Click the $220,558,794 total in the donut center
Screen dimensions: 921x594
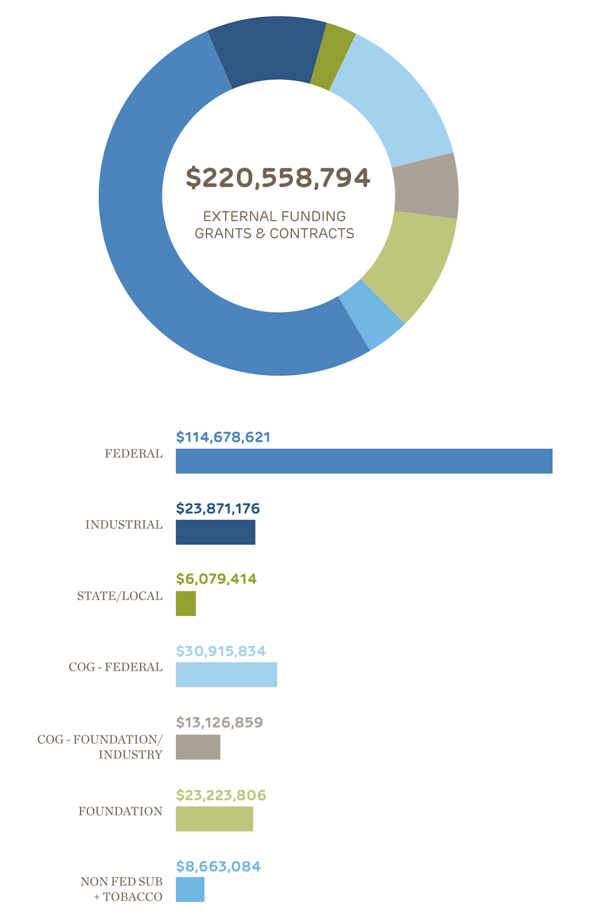point(278,178)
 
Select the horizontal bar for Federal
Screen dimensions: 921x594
point(364,461)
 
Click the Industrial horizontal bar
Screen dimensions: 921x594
point(215,532)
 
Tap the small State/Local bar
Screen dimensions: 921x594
point(186,603)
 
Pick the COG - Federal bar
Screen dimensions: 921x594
point(226,674)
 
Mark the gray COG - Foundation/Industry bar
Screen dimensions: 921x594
point(198,747)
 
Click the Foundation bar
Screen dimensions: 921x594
point(214,818)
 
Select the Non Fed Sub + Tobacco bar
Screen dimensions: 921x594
point(190,890)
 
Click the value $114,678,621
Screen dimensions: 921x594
point(223,437)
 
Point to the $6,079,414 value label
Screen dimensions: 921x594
point(216,579)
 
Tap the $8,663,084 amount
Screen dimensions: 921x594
point(218,866)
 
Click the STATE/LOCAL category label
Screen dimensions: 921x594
point(120,596)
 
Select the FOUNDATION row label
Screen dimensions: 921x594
point(120,811)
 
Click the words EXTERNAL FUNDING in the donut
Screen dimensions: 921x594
point(274,217)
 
